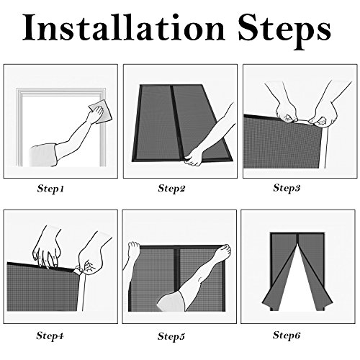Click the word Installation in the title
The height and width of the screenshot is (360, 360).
click(x=124, y=27)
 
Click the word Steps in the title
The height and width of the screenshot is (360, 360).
click(x=285, y=30)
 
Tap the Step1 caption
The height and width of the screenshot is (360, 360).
click(x=50, y=189)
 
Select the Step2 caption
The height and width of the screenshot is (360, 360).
click(x=171, y=188)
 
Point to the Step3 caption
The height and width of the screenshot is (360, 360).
click(x=287, y=187)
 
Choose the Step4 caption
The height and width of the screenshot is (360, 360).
click(x=50, y=335)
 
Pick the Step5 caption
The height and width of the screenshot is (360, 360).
click(x=171, y=336)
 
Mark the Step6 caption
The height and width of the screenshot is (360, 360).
click(x=287, y=335)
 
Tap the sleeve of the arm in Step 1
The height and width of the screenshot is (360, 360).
click(x=43, y=155)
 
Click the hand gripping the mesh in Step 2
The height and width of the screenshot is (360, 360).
click(x=194, y=158)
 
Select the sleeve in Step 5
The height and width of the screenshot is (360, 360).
click(x=171, y=301)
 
